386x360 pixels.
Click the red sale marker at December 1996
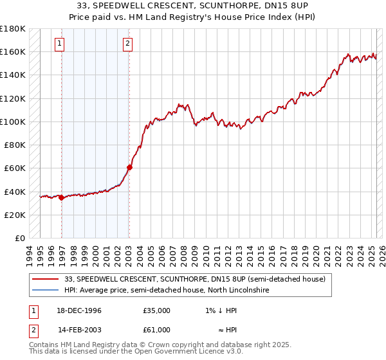coord(62,197)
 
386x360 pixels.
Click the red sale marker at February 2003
coord(129,167)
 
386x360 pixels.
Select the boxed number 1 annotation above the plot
coord(59,44)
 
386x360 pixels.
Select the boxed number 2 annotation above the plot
coord(127,44)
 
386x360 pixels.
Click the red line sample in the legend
coord(45,279)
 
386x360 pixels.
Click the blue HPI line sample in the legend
coord(45,291)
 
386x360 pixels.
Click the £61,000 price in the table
coord(156,330)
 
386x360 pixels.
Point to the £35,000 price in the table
coord(156,310)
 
